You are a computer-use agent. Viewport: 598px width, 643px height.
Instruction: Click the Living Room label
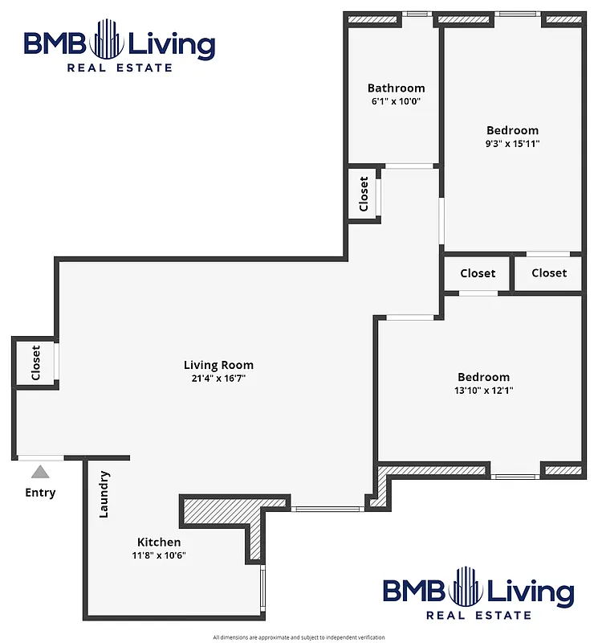[218, 365]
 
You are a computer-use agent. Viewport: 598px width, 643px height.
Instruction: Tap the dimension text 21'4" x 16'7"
[218, 378]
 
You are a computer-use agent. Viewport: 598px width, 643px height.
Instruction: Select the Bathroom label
[396, 88]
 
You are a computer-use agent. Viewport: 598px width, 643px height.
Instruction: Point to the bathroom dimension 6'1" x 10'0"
[396, 101]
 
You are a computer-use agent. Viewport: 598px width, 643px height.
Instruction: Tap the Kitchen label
[158, 542]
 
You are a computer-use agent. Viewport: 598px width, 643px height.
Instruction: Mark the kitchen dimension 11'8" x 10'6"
[158, 555]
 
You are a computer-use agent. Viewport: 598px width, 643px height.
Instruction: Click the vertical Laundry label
[104, 494]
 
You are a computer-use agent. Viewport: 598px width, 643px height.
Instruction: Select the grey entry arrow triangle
[40, 473]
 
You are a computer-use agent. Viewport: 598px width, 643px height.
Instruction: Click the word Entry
[40, 492]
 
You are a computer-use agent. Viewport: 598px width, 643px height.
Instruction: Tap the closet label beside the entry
[36, 362]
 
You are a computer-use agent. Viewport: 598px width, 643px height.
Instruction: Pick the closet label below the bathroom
[364, 194]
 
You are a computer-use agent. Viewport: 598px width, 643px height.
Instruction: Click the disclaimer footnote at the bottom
[299, 637]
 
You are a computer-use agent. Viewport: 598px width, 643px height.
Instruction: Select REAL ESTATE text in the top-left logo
[120, 68]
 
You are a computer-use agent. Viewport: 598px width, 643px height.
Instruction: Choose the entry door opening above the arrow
[41, 458]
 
